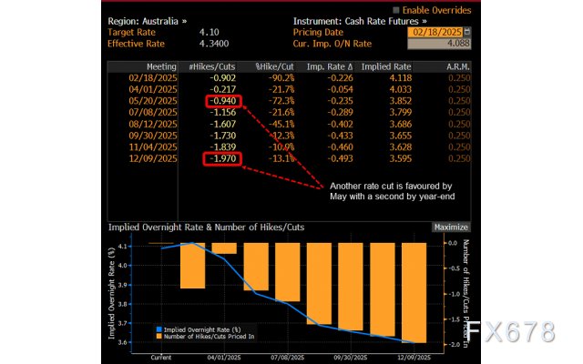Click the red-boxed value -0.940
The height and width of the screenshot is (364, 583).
pos(224,101)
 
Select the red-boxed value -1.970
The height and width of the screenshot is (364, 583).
pos(224,159)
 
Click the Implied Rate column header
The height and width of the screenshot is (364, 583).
pos(386,66)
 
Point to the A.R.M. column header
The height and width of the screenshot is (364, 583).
pos(456,66)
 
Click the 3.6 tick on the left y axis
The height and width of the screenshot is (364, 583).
pos(142,342)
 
